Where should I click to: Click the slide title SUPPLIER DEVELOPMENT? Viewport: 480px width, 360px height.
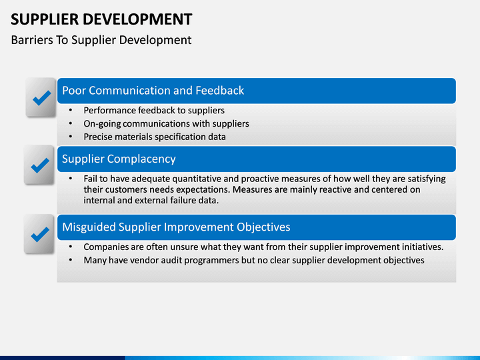101,19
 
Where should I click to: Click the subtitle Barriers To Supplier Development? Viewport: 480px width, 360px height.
101,40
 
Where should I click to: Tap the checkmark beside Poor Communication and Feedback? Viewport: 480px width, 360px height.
41,98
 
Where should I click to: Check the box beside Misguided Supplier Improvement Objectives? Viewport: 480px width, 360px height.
41,233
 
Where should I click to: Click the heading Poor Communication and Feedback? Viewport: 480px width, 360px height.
153,91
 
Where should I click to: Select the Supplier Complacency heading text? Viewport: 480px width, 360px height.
119,159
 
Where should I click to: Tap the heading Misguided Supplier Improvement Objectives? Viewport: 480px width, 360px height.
176,227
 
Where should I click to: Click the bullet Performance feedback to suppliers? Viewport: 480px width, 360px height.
154,110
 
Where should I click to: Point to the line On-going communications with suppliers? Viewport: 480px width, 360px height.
166,123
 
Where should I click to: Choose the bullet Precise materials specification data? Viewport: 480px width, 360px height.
155,137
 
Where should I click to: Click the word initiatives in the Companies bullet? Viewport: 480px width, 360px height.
420,247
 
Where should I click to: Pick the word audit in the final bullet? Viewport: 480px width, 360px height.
172,260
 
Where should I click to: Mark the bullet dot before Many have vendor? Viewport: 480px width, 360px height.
71,260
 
